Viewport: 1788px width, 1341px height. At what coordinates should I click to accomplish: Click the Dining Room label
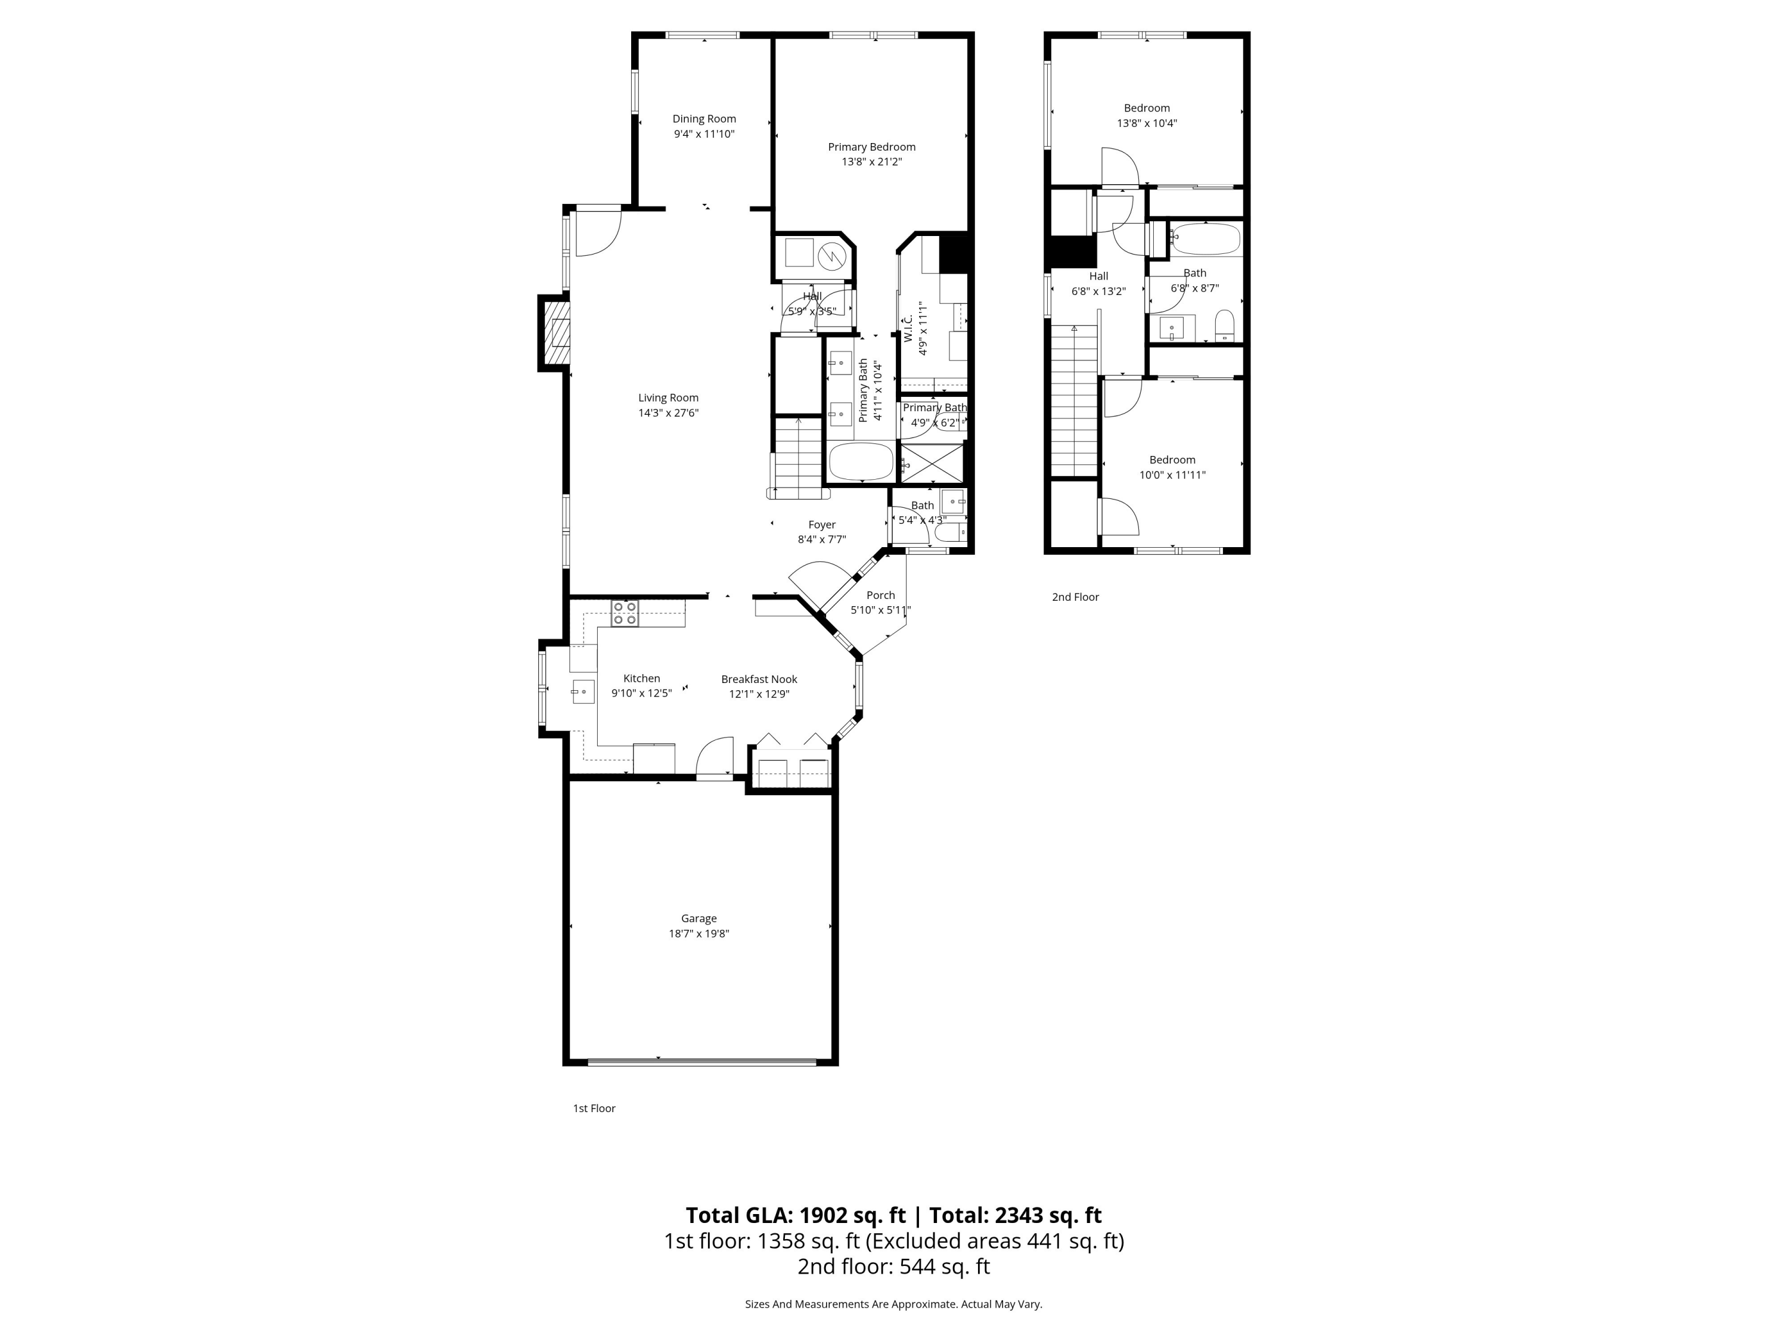(x=703, y=119)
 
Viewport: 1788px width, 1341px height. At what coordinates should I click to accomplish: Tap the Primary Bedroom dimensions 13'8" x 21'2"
(x=871, y=162)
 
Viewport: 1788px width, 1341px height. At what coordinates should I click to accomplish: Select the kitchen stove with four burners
(x=624, y=613)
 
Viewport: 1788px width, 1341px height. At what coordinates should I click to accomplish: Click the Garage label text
(x=699, y=918)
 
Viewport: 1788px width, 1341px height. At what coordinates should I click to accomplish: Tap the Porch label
(x=880, y=595)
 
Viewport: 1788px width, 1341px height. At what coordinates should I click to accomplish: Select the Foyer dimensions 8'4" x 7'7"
(x=821, y=539)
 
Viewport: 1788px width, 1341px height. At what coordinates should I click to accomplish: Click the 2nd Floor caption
(x=1075, y=597)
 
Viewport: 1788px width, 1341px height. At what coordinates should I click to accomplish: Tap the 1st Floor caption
(x=594, y=1108)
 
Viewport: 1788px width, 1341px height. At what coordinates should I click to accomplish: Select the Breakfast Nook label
(x=759, y=679)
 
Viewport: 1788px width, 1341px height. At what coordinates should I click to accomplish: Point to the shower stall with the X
(x=932, y=463)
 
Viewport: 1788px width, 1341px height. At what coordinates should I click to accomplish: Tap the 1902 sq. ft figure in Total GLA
(x=852, y=1216)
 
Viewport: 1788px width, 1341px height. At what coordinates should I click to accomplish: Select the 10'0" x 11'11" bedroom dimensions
(x=1172, y=475)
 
